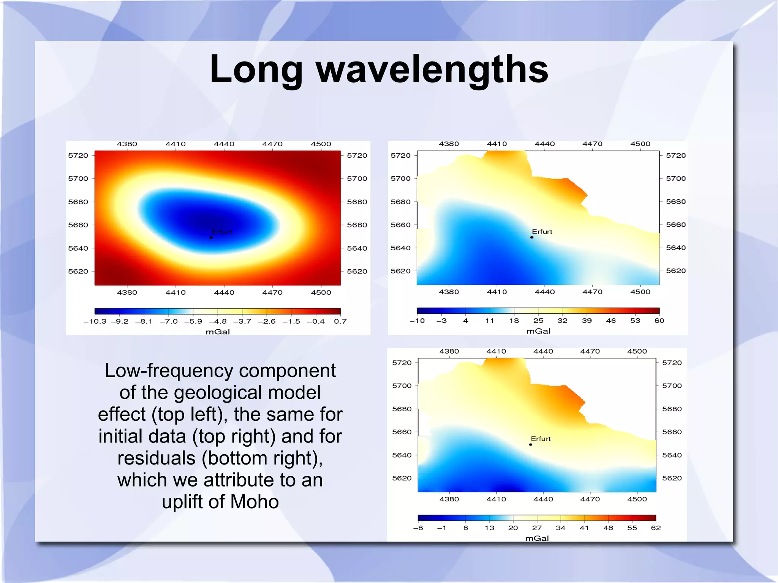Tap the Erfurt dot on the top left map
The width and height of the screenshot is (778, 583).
[211, 238]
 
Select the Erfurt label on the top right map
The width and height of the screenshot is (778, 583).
[542, 232]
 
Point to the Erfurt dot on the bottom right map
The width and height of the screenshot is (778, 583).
[531, 444]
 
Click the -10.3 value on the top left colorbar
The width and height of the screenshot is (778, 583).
[95, 321]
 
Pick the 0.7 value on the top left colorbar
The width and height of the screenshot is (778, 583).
[340, 321]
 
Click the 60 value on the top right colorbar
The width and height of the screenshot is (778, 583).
[659, 321]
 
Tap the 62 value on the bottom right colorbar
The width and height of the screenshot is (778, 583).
[656, 528]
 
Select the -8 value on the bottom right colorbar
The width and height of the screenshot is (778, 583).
[418, 528]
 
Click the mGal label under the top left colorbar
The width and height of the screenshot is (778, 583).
[218, 332]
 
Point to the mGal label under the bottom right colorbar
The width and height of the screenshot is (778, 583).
[537, 538]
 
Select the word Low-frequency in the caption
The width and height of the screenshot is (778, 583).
[169, 371]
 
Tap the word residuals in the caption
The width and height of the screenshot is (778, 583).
[156, 458]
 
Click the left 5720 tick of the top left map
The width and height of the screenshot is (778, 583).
[78, 155]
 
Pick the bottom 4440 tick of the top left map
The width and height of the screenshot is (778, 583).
[224, 292]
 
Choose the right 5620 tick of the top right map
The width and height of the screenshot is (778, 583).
[676, 271]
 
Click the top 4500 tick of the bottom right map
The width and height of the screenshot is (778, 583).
[637, 351]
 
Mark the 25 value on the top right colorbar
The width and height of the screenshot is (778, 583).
[538, 321]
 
